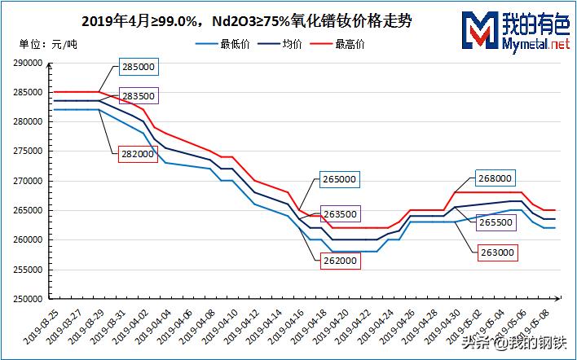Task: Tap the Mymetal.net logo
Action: [513, 31]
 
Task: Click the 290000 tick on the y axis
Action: [28, 63]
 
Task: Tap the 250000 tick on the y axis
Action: [28, 299]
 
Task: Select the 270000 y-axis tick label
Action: [28, 181]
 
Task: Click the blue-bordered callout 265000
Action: [339, 179]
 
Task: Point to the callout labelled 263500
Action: [339, 214]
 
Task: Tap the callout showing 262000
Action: [337, 260]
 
